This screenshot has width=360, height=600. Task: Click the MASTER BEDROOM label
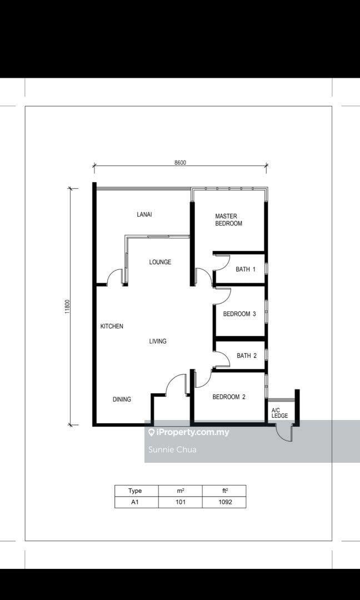[x=228, y=219]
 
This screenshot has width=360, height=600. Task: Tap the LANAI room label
[x=144, y=214]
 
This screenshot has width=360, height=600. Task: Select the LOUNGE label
[x=160, y=262]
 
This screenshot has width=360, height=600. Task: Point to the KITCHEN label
[x=112, y=327]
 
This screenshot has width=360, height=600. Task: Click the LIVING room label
[x=158, y=341]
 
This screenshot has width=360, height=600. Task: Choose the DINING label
[x=122, y=399]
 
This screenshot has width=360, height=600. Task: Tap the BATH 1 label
[x=245, y=269]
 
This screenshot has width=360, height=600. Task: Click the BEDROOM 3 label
[x=239, y=314]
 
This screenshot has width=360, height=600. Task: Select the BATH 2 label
[x=246, y=356]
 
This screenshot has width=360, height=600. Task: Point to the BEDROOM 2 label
[x=229, y=397]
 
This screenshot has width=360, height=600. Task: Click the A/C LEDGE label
[x=279, y=412]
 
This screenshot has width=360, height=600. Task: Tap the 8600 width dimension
[x=180, y=162]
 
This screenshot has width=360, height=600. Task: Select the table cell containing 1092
[x=224, y=502]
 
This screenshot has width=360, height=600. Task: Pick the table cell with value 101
[x=180, y=502]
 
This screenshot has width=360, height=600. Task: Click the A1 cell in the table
[x=137, y=502]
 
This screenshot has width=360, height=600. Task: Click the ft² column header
[x=224, y=491]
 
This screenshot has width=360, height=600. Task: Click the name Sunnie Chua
[x=173, y=449]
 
